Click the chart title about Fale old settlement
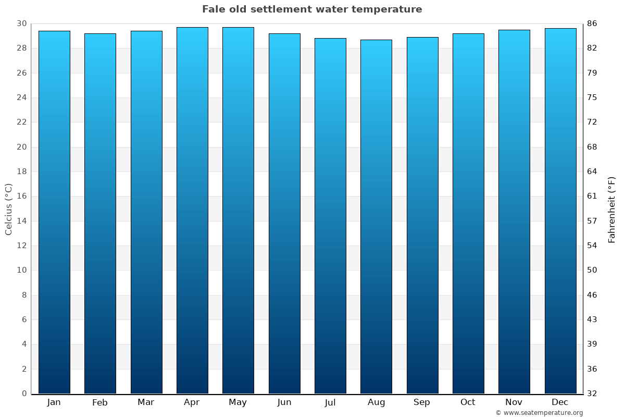(312, 9)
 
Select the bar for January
(54, 212)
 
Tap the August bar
(376, 216)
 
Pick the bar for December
(560, 211)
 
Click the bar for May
(238, 210)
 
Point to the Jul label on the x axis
(330, 402)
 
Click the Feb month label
(100, 402)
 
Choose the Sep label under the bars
(422, 402)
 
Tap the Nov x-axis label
(514, 402)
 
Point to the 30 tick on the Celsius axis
(21, 23)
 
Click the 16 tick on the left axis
(21, 196)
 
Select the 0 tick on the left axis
(24, 394)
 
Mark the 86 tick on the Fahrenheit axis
(592, 23)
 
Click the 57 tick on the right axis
(592, 221)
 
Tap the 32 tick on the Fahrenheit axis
(592, 394)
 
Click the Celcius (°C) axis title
(9, 208)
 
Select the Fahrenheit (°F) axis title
(612, 209)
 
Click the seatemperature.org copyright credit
(539, 413)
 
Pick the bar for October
(468, 213)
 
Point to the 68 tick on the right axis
(592, 147)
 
